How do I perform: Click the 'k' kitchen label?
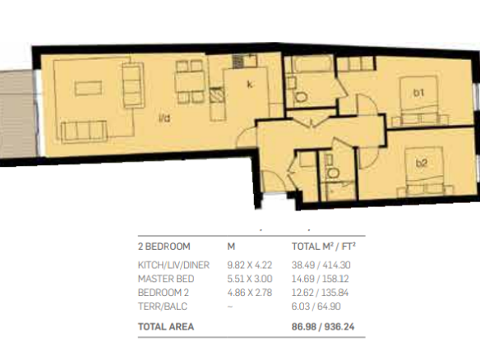tap(250, 85)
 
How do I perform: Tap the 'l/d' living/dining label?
tap(164, 118)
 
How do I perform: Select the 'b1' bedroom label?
tap(419, 92)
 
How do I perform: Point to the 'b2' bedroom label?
tap(421, 164)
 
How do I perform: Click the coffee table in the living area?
tap(89, 88)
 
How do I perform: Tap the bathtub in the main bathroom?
tap(312, 64)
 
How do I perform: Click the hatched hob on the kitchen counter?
tap(217, 95)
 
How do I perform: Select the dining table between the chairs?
tap(190, 81)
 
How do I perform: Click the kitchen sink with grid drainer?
tap(245, 61)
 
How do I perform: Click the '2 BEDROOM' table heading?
tap(164, 247)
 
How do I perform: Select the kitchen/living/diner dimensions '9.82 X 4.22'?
tap(250, 265)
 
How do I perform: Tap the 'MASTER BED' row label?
tap(166, 279)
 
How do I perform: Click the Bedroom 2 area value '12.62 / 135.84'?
tap(321, 293)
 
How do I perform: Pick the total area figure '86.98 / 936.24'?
tap(323, 326)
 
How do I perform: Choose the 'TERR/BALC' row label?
tap(163, 307)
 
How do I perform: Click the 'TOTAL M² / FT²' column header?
tap(324, 247)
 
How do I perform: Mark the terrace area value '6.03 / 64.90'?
tap(316, 307)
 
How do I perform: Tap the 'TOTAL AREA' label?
tap(166, 326)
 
